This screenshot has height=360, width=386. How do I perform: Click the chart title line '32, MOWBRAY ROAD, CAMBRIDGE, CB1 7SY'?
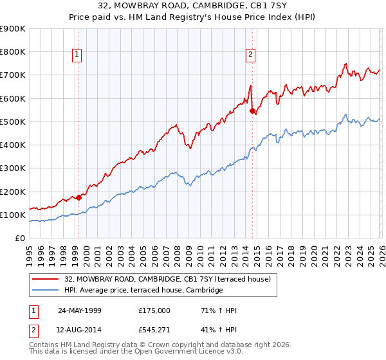(193, 6)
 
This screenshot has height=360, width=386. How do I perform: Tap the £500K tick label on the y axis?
(13, 122)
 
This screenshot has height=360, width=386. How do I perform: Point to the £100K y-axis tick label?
(13, 215)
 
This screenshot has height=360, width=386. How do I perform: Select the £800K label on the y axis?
(13, 52)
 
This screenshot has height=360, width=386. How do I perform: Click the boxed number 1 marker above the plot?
(77, 55)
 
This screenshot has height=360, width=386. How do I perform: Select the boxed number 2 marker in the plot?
(250, 55)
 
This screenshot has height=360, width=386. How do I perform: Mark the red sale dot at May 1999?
(79, 197)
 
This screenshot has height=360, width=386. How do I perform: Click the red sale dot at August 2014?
(252, 111)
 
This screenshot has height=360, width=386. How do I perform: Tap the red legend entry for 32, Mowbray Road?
(171, 279)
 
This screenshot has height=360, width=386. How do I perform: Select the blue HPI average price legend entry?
(143, 291)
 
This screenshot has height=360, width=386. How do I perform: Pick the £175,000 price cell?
(154, 310)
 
